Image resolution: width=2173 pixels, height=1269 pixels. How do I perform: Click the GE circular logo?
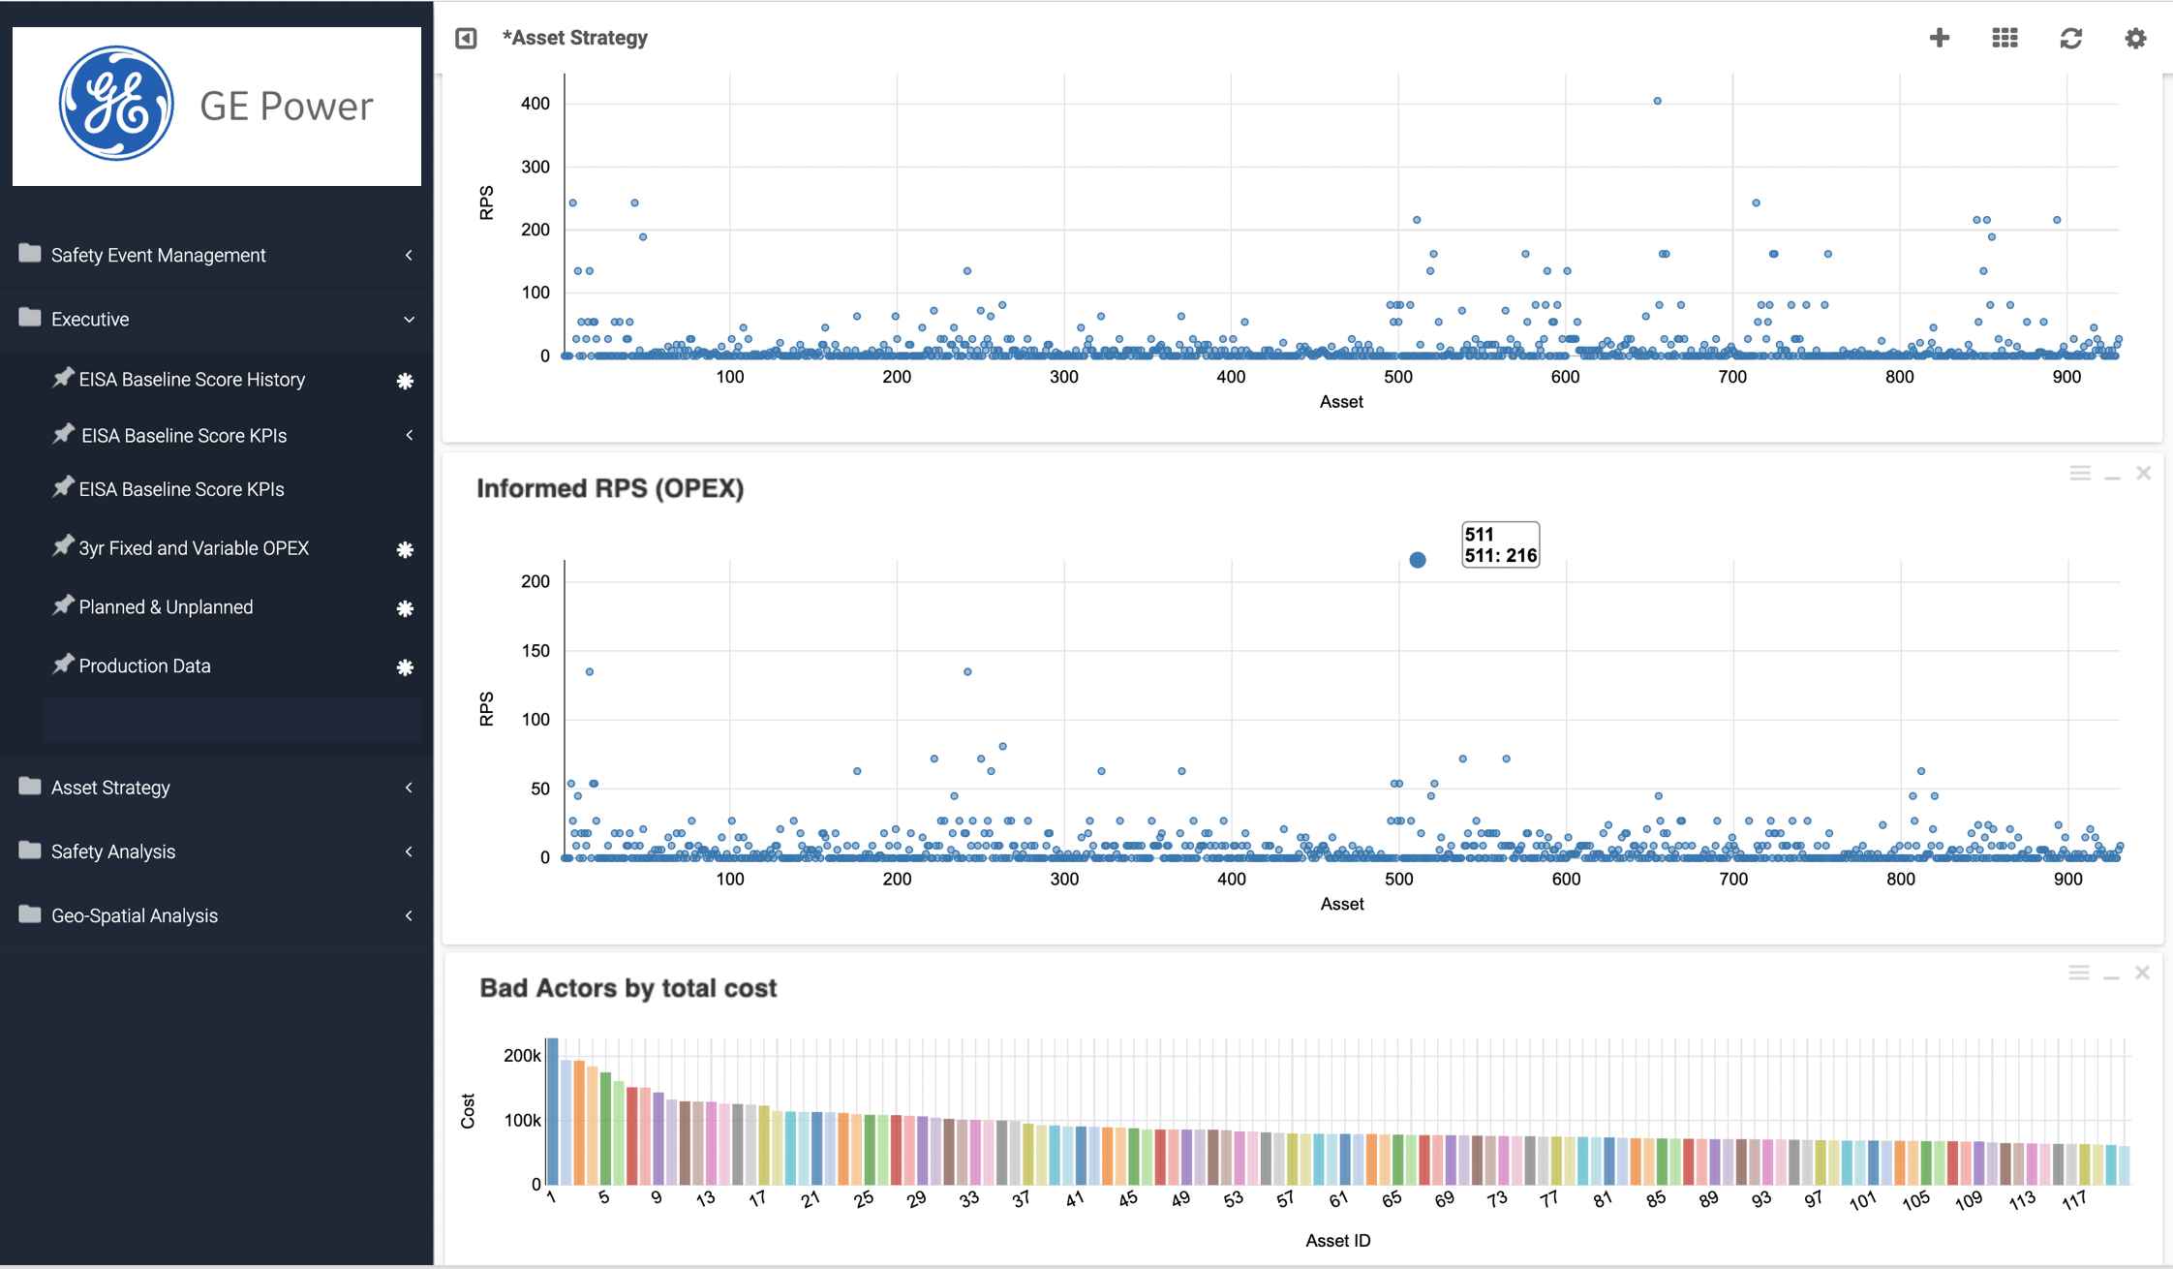click(116, 104)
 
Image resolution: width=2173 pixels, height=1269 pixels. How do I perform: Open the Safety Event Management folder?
click(158, 255)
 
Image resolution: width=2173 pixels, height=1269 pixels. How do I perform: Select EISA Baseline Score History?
click(192, 380)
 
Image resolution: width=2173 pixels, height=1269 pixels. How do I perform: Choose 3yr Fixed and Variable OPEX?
click(194, 548)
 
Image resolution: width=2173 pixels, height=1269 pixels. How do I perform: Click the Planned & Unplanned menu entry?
click(166, 607)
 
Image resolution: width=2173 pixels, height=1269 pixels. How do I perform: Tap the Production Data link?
click(144, 666)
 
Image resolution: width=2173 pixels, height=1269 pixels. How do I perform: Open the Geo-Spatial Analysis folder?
click(134, 915)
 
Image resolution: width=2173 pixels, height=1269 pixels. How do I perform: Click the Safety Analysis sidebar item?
click(112, 851)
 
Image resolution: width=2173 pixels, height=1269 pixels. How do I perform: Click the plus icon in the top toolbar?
click(1939, 38)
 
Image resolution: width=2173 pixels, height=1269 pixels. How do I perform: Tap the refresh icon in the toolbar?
click(2070, 38)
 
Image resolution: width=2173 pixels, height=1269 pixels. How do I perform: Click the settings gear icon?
click(2135, 38)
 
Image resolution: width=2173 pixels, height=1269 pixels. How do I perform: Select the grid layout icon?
click(2005, 38)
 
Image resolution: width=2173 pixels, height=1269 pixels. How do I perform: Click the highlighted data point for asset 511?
click(1418, 560)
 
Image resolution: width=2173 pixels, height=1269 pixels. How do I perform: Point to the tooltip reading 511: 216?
click(1500, 545)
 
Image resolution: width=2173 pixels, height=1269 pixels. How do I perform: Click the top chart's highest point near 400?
click(1658, 101)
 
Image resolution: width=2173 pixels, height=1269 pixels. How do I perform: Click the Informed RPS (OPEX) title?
click(610, 488)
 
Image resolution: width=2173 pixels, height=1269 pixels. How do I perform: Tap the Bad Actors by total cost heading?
click(628, 988)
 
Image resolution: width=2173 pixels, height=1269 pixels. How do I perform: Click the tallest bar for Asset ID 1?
click(552, 1111)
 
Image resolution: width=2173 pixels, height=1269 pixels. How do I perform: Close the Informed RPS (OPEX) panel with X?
click(2143, 473)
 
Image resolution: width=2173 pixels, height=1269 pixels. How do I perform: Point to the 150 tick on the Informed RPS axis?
click(535, 651)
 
